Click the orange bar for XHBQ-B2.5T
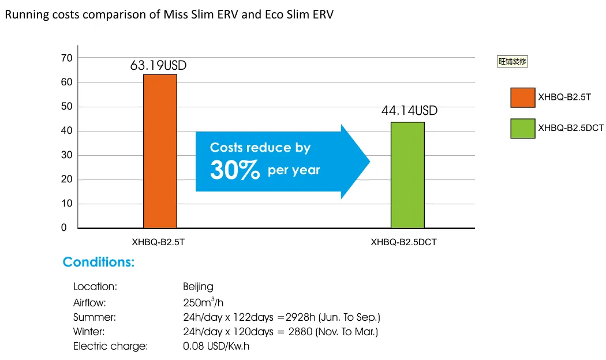(160, 151)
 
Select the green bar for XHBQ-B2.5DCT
(407, 175)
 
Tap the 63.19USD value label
(158, 66)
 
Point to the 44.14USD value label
(409, 111)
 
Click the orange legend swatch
(522, 97)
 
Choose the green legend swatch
(522, 128)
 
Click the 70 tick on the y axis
(67, 58)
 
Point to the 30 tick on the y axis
(67, 155)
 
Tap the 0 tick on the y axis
(64, 228)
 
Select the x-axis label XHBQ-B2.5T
(158, 243)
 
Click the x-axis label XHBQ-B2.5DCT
(403, 243)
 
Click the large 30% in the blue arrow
(235, 170)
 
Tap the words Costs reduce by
(260, 148)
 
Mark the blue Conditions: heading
(99, 262)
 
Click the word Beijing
(198, 287)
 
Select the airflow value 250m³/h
(203, 302)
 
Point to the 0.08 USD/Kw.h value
(216, 346)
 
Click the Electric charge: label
(110, 346)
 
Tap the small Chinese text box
(513, 61)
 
